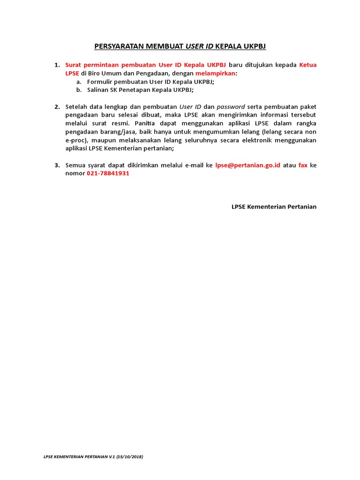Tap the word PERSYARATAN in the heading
click(x=119, y=46)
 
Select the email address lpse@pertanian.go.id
click(x=248, y=165)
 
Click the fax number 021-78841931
click(x=108, y=173)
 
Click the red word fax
click(x=303, y=165)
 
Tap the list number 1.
click(x=57, y=65)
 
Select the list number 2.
click(x=57, y=106)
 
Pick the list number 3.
click(x=57, y=165)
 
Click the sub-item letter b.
click(x=79, y=90)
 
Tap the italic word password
click(x=231, y=106)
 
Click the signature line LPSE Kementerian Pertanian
click(x=274, y=207)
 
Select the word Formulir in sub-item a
click(x=100, y=82)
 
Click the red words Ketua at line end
click(x=307, y=65)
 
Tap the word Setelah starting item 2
click(x=76, y=106)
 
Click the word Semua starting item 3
click(x=75, y=165)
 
